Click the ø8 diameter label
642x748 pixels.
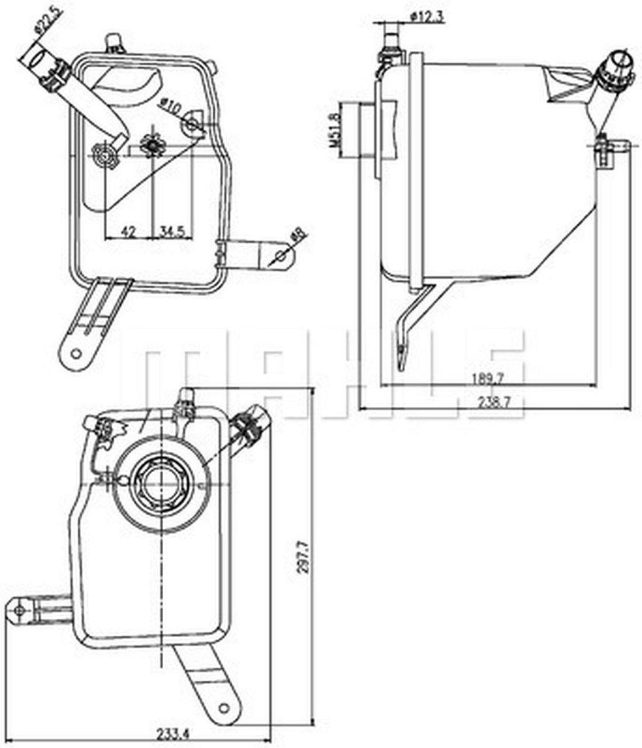point(298,234)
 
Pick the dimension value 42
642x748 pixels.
point(128,231)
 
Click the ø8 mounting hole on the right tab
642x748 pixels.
point(281,256)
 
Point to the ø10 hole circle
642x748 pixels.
point(191,124)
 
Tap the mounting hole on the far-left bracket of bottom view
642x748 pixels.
point(19,611)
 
